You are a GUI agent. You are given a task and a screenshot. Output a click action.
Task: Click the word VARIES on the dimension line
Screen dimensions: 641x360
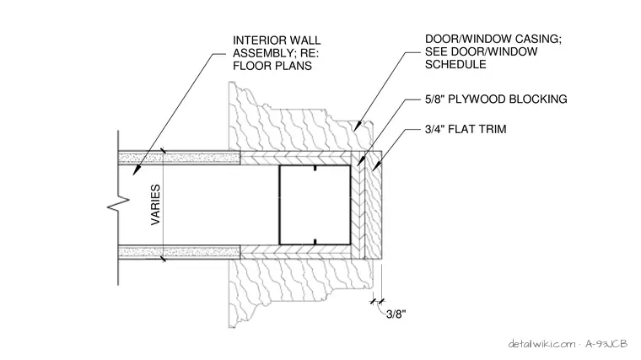coord(156,205)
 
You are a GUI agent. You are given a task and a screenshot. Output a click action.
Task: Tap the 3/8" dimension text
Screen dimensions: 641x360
coord(396,314)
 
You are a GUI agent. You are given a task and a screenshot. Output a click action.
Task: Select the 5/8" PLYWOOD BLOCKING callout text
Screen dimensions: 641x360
coord(496,99)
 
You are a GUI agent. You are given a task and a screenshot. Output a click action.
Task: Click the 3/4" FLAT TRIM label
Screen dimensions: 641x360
coord(466,129)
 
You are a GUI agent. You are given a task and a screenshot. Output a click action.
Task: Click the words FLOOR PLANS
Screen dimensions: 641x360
coord(272,66)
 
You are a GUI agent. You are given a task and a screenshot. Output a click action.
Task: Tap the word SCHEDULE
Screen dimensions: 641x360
coord(455,64)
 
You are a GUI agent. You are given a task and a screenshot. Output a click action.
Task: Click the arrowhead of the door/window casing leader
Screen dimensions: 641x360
coord(358,126)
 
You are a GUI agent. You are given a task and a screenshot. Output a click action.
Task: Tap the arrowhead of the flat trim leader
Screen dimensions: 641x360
coord(375,167)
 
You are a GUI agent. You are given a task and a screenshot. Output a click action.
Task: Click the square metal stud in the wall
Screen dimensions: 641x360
coord(315,205)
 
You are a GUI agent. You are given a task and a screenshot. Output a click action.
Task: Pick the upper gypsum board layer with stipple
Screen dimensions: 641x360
coord(179,158)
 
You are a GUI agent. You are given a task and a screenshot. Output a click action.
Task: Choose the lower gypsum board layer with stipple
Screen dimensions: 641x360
coord(179,252)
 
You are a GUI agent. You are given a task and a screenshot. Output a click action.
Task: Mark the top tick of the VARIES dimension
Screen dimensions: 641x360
coord(163,152)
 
